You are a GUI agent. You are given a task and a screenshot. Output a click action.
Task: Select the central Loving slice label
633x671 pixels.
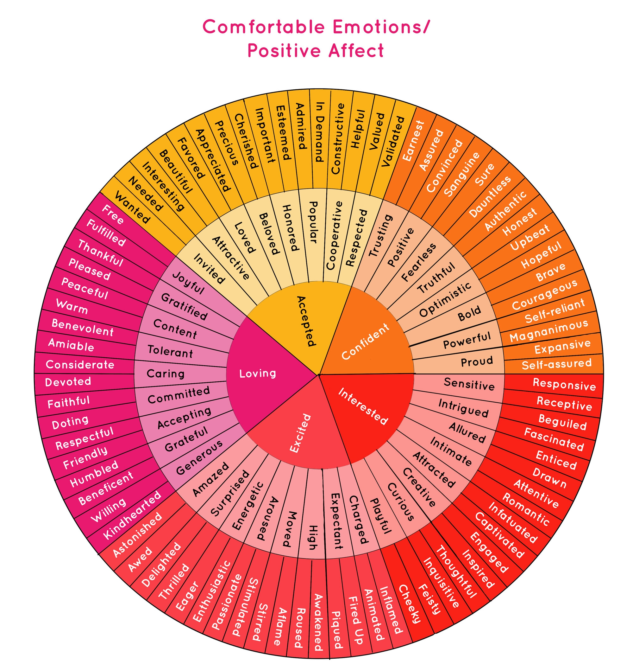click(x=257, y=373)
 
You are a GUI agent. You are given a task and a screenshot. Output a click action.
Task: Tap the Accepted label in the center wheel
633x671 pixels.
click(x=306, y=321)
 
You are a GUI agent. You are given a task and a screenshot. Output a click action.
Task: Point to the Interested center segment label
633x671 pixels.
click(x=363, y=406)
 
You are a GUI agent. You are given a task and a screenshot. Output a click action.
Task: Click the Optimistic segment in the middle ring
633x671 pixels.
click(x=445, y=299)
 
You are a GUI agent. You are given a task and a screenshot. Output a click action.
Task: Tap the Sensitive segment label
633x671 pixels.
click(x=469, y=384)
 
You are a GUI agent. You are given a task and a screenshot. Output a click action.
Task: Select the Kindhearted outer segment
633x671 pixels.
click(x=132, y=515)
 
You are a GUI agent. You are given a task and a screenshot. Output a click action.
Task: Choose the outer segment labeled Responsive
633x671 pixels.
click(x=564, y=384)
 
